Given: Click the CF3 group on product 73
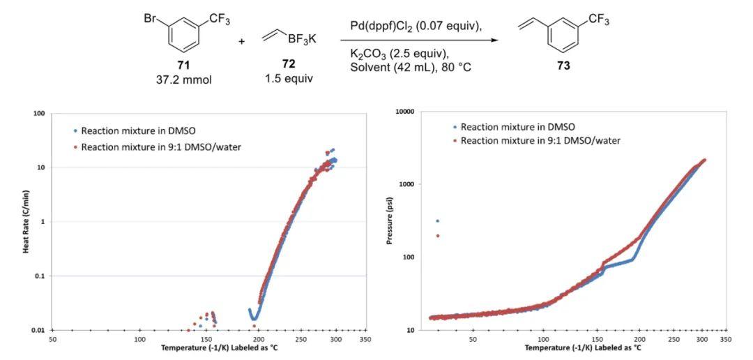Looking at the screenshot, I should [x=599, y=19].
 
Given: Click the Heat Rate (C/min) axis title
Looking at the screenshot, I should [x=25, y=223].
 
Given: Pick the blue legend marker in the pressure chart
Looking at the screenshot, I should [x=454, y=127].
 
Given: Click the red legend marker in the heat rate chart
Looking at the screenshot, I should [x=75, y=147].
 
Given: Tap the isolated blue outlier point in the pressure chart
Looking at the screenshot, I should [x=437, y=221].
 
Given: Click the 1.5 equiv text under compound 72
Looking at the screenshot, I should [x=289, y=79].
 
